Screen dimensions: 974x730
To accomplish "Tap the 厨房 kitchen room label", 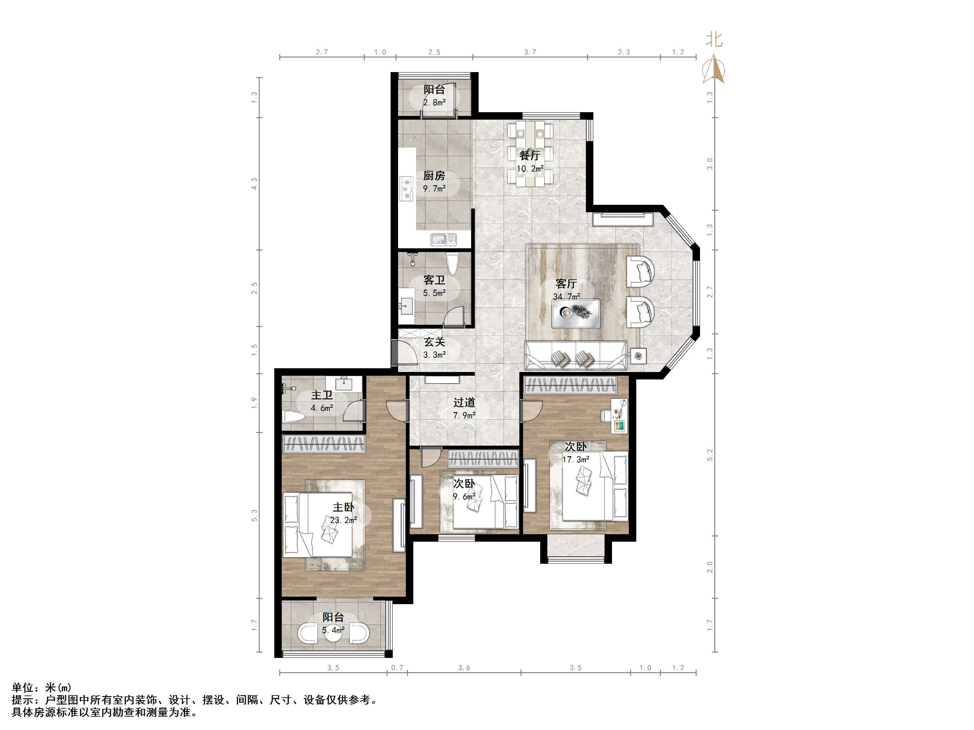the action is pyautogui.click(x=434, y=176).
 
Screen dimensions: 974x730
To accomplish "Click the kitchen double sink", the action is pyautogui.click(x=444, y=239).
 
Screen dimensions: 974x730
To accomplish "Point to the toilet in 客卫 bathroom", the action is pyautogui.click(x=452, y=263).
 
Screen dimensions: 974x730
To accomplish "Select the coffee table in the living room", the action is pyautogui.click(x=576, y=313).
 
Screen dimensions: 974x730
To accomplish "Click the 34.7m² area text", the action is pyautogui.click(x=566, y=296).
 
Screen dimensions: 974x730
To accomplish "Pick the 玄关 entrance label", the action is pyautogui.click(x=435, y=342).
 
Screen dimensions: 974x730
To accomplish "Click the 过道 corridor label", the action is pyautogui.click(x=464, y=402).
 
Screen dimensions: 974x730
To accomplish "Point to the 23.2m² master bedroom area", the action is pyautogui.click(x=343, y=520).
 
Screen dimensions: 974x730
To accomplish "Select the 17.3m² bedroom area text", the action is pyautogui.click(x=576, y=459).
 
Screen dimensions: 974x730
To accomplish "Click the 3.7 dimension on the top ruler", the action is pyautogui.click(x=530, y=52).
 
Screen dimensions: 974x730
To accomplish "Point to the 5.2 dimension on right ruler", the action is pyautogui.click(x=710, y=455).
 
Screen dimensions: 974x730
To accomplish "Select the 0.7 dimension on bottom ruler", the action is pyautogui.click(x=397, y=668).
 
